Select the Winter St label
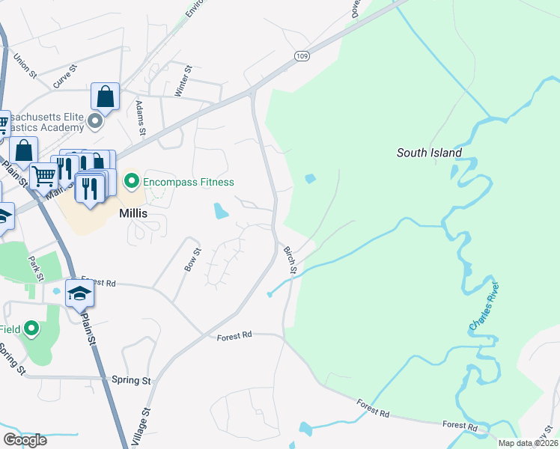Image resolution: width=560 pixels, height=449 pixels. coord(183,80)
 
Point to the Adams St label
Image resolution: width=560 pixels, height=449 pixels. coord(141,119)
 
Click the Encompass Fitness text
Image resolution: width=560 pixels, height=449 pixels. coord(189,182)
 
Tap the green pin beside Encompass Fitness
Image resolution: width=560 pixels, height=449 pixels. coord(132,181)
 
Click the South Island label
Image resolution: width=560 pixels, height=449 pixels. coord(428,153)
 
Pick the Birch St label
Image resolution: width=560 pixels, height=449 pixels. coord(290,259)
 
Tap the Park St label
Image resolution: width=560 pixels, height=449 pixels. coord(33,267)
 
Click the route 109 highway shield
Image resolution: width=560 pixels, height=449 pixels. coord(302,56)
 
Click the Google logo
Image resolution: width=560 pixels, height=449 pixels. coord(25,439)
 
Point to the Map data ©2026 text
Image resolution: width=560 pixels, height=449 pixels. coord(529,443)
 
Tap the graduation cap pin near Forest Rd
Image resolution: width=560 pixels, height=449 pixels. coord(79,295)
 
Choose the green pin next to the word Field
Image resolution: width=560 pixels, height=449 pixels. coord(31,329)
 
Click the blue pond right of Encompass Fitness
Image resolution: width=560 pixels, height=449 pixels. coord(221,211)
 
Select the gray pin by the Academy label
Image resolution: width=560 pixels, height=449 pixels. coord(95,120)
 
